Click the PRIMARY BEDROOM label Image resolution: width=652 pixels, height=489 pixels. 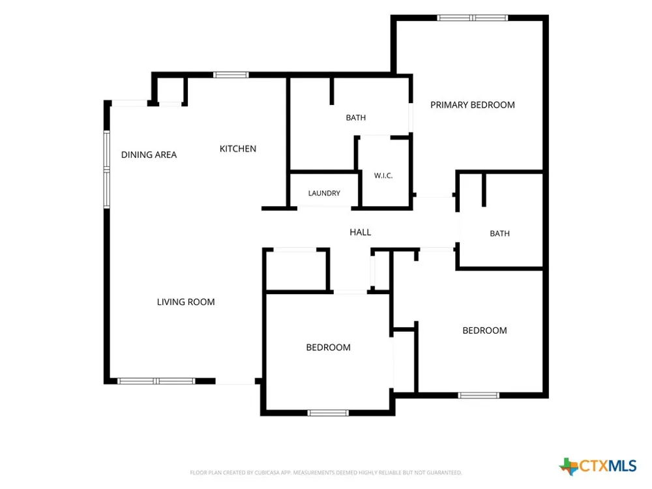coord(472,105)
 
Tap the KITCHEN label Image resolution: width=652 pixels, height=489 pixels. coord(238,149)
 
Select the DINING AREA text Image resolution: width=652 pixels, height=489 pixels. coord(149,155)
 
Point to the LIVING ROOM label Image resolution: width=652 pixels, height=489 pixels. coord(186,302)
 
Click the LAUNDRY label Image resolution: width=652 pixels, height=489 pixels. coord(324,193)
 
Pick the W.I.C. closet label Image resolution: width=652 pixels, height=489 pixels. coord(383,175)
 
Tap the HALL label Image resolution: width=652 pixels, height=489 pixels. coord(360,232)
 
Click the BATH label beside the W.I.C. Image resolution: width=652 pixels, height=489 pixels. coord(356,117)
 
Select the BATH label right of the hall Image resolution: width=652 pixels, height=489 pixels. coord(499,233)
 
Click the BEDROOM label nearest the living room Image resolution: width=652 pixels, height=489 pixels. coord(328,348)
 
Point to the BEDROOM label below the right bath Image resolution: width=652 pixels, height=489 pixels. coord(484,331)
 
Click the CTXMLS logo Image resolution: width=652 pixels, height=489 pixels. coord(597,466)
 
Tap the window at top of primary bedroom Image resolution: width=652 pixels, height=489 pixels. coord(472,18)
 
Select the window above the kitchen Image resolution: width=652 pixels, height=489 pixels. coord(231,75)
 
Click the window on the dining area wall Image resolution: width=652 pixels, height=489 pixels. coord(107,170)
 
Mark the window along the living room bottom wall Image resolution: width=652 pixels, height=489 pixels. coord(156,381)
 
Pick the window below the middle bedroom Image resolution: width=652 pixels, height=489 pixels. coord(328,413)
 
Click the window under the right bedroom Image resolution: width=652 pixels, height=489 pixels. coord(479,395)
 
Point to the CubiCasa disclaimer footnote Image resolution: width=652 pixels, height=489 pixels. coord(326,473)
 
